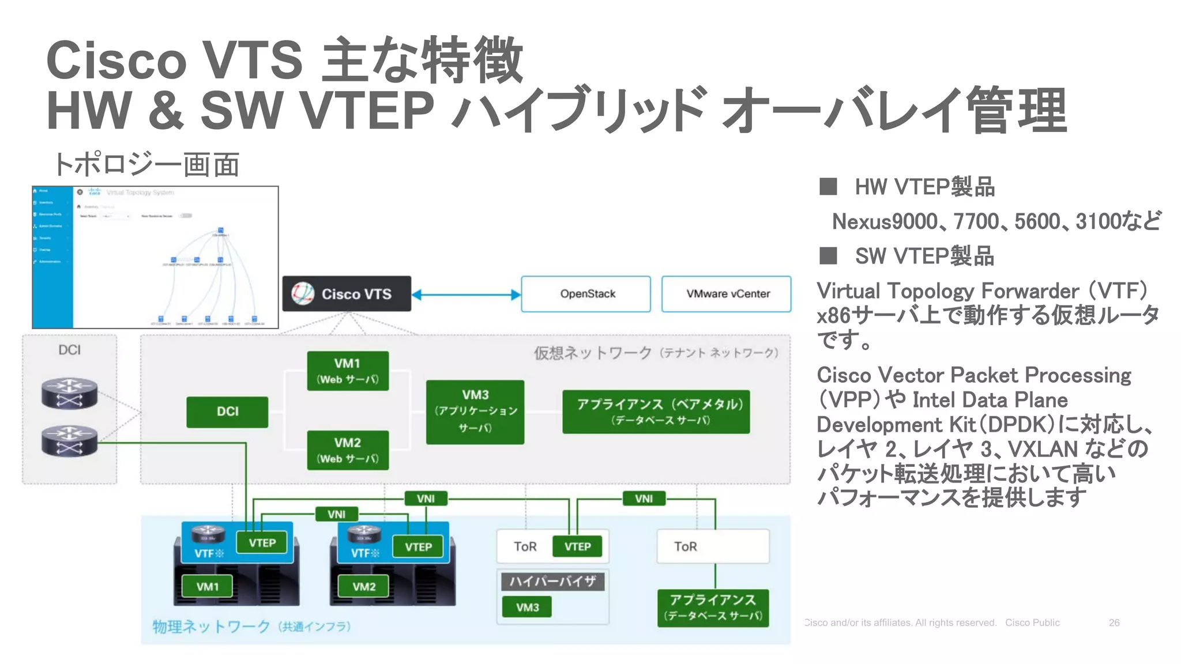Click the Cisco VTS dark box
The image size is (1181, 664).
point(347,294)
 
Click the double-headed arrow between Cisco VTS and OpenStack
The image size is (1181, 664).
point(466,295)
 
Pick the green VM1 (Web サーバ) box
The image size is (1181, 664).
point(348,371)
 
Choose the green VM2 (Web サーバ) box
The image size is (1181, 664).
point(348,450)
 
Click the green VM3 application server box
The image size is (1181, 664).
point(475,412)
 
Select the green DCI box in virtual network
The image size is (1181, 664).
point(227,412)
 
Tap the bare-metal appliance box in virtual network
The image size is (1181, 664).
point(656,412)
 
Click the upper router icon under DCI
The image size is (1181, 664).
point(69,393)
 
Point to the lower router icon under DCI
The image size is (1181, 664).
point(69,441)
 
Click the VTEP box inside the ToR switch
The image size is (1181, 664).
point(577,546)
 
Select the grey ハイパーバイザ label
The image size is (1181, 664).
point(552,581)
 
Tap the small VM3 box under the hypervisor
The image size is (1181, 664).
point(526,607)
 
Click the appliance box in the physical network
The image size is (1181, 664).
point(713,608)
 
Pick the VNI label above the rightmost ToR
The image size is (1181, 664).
point(644,499)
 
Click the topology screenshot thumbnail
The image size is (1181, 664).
point(155,257)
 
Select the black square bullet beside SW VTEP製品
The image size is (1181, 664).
point(828,255)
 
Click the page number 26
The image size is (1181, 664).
point(1114,622)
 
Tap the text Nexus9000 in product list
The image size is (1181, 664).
point(885,221)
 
